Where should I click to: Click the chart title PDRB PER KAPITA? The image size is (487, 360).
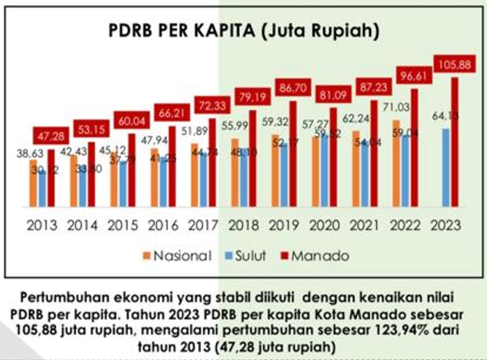243,31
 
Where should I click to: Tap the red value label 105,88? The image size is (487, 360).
456,65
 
